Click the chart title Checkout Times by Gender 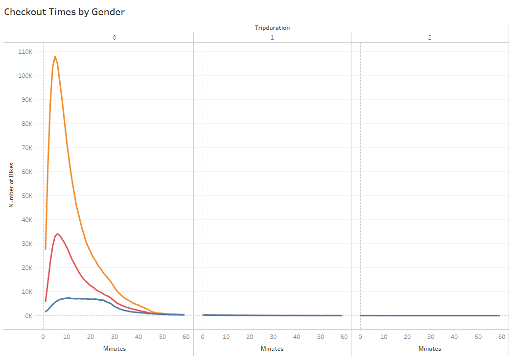[x=64, y=12]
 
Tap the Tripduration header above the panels [x=272, y=28]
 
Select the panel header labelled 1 [x=272, y=37]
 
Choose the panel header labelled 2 [x=430, y=37]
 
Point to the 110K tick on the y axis [x=25, y=51]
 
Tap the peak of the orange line [x=55, y=56]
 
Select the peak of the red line [x=58, y=234]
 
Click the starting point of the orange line [x=46, y=249]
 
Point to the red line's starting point [x=46, y=301]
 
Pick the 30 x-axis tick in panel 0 [x=114, y=337]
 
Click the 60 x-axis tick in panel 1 [x=344, y=337]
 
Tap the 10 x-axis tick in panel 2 [x=384, y=337]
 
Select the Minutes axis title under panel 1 [x=272, y=349]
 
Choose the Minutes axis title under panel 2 [x=430, y=349]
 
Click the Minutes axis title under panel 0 [x=115, y=349]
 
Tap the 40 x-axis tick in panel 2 [x=454, y=337]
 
